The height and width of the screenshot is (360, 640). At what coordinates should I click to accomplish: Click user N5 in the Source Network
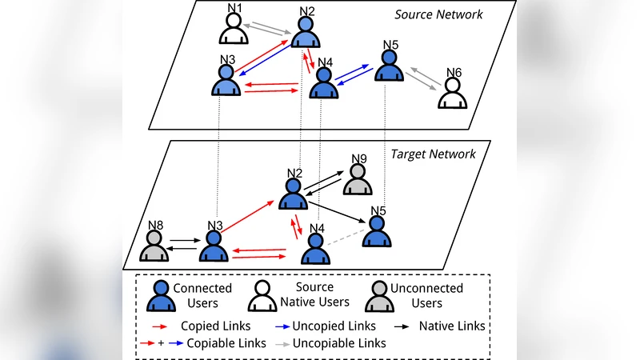(x=390, y=66)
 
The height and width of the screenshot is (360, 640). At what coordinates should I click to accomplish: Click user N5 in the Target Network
(x=377, y=232)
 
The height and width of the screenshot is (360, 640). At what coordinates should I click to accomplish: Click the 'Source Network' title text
(x=439, y=14)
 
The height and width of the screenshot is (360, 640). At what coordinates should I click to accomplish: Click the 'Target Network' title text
(x=433, y=154)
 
